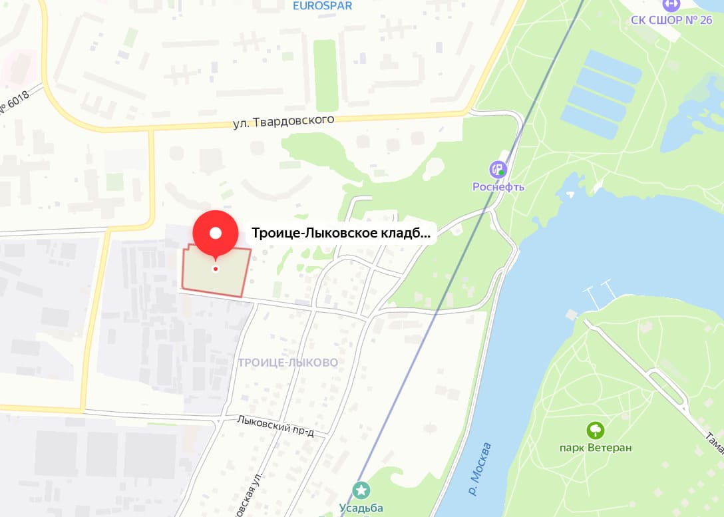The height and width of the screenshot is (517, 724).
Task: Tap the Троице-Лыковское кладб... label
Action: [341, 234]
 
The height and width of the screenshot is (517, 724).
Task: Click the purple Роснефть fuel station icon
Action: [498, 170]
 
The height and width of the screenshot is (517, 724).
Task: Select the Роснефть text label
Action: [498, 187]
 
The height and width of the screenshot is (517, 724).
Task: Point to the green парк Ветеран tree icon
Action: [596, 431]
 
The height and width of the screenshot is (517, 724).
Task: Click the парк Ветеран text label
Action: [596, 448]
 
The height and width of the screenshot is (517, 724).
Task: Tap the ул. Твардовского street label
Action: [283, 122]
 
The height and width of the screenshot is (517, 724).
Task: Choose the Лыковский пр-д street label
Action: [275, 427]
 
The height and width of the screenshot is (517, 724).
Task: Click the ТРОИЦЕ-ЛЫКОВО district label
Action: [287, 363]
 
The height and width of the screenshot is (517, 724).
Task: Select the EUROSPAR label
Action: [323, 6]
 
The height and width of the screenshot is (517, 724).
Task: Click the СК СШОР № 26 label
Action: [671, 20]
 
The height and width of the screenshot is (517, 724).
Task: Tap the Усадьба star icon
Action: [361, 491]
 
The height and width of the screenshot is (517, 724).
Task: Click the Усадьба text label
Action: [361, 508]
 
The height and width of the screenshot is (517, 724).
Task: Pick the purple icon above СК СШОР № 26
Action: [672, 3]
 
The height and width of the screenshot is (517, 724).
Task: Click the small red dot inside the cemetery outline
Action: [216, 269]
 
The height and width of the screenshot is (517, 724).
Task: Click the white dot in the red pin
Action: [216, 233]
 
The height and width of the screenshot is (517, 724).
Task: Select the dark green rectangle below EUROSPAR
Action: [325, 75]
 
